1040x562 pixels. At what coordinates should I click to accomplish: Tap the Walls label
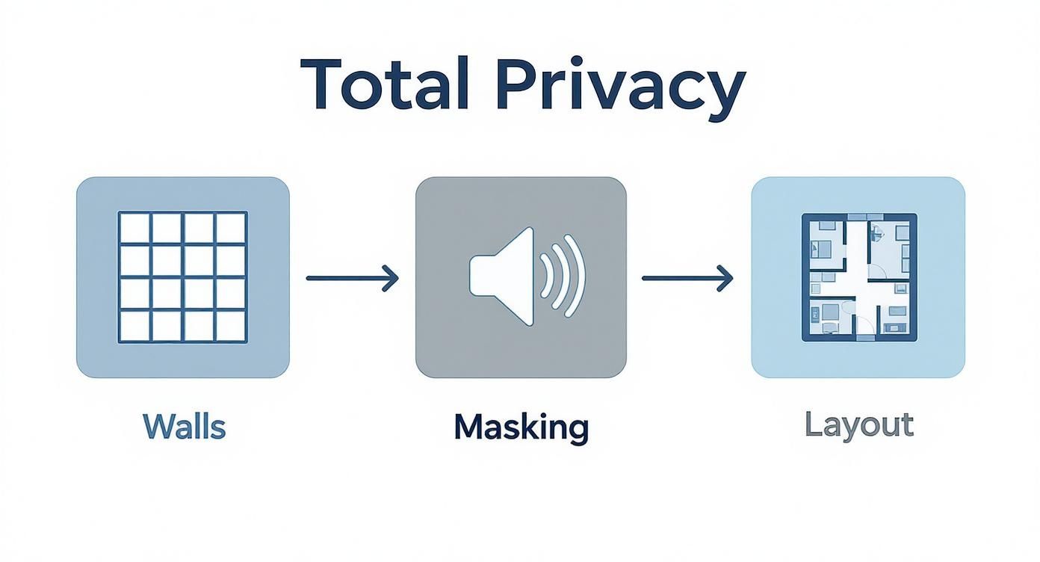pos(184,427)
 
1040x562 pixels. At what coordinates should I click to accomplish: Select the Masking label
pos(521,427)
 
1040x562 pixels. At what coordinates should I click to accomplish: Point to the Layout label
pos(858,425)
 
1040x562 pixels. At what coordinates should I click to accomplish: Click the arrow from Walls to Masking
pos(352,278)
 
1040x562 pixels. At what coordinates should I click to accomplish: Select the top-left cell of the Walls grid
pos(134,228)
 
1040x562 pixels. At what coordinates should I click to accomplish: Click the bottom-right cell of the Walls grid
pos(231,326)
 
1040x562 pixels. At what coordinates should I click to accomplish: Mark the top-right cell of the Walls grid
pos(231,228)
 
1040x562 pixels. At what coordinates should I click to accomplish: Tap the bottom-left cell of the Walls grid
pos(134,326)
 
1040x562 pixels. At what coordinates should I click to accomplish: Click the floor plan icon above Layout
pos(859,277)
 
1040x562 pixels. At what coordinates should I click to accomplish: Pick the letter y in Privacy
pos(724,93)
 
